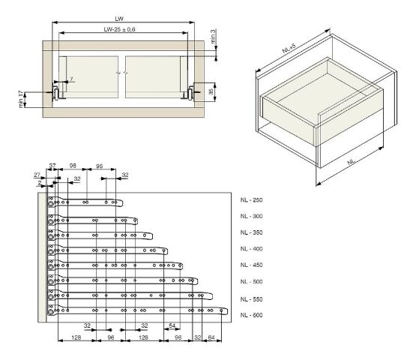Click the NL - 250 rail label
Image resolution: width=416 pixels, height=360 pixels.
pyautogui.click(x=251, y=200)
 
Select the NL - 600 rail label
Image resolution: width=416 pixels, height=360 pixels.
pyautogui.click(x=251, y=315)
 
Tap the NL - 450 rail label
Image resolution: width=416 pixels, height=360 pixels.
pyautogui.click(x=251, y=265)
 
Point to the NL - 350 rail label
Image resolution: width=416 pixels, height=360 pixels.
pyautogui.click(x=251, y=232)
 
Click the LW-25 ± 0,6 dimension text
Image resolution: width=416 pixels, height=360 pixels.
pyautogui.click(x=119, y=29)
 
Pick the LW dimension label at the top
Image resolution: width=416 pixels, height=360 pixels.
pyautogui.click(x=119, y=19)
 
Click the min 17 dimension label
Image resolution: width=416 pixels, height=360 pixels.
pyautogui.click(x=21, y=99)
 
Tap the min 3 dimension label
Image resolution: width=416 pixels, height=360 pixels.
pyautogui.click(x=214, y=36)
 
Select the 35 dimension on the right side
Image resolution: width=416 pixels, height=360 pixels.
pyautogui.click(x=211, y=91)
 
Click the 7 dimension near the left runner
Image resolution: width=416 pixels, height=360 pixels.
pyautogui.click(x=71, y=79)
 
